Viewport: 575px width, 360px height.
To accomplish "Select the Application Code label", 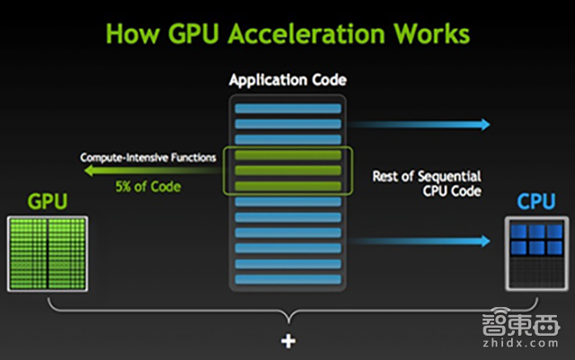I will [x=287, y=81].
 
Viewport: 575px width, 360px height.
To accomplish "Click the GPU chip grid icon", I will [x=47, y=253].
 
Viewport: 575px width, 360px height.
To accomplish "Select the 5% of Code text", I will [x=146, y=187].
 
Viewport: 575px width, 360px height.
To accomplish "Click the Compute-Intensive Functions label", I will [x=148, y=157].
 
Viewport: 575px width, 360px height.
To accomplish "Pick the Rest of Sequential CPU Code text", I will [x=427, y=183].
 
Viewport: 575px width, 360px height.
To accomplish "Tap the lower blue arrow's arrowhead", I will [x=486, y=241].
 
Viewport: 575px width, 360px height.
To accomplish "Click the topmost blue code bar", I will [x=287, y=108].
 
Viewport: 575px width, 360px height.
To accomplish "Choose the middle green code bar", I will [x=287, y=171].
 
